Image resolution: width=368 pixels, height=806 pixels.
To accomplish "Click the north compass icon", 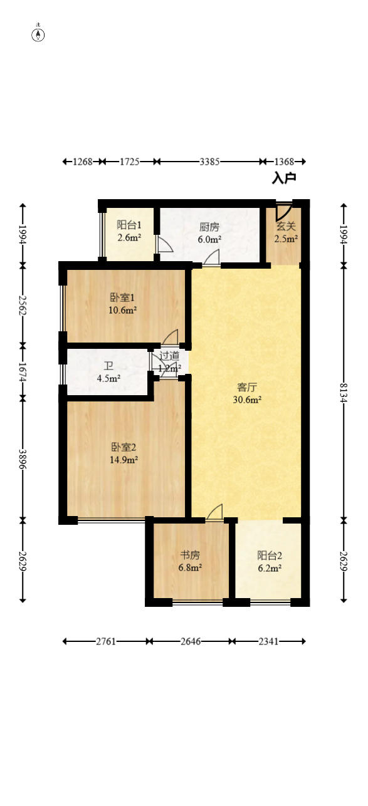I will click(38, 34).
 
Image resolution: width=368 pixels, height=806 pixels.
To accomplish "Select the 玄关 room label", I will click(285, 227).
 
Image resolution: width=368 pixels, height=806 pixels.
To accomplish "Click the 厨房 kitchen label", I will click(209, 227).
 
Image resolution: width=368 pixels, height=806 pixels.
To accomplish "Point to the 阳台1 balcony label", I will click(129, 225).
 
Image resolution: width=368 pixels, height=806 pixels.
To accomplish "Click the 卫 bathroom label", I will click(109, 366).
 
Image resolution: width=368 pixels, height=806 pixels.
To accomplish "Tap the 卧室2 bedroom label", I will click(124, 447).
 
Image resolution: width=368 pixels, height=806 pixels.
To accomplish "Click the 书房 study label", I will click(191, 555).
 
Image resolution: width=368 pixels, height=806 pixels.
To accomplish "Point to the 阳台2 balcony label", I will click(270, 555).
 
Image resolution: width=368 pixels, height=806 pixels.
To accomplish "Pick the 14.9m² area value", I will click(124, 459).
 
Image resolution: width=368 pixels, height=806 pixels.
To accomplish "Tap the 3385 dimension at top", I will click(209, 162).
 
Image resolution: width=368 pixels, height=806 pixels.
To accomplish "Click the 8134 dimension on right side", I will click(343, 393).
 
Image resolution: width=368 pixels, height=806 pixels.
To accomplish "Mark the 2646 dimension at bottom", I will click(191, 641).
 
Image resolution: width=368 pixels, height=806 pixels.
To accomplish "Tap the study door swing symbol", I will click(214, 512).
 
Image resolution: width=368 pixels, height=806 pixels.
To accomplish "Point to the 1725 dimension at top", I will click(129, 162).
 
